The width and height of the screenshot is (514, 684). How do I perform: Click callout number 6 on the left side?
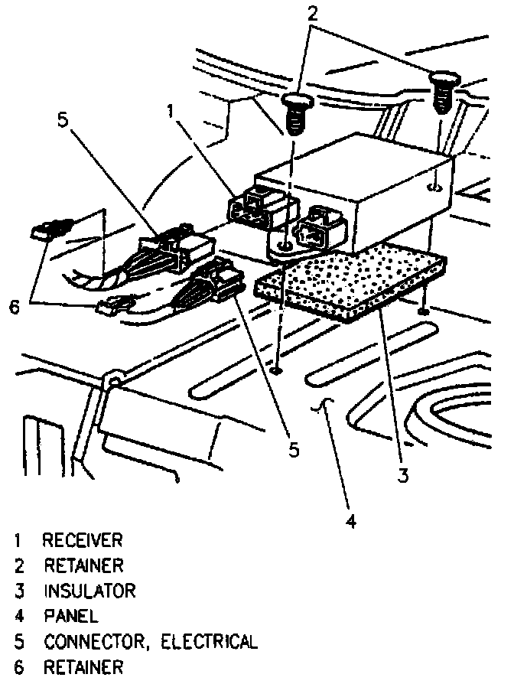[13, 306]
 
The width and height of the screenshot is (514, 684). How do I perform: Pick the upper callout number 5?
[63, 120]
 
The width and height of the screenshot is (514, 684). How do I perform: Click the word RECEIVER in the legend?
[82, 541]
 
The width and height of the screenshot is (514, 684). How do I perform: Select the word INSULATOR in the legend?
[89, 591]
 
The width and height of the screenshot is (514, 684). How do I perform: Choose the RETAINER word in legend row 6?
[82, 667]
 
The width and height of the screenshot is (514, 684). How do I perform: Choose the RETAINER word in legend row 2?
[83, 566]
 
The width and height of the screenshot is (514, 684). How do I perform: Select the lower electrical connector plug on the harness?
[213, 284]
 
